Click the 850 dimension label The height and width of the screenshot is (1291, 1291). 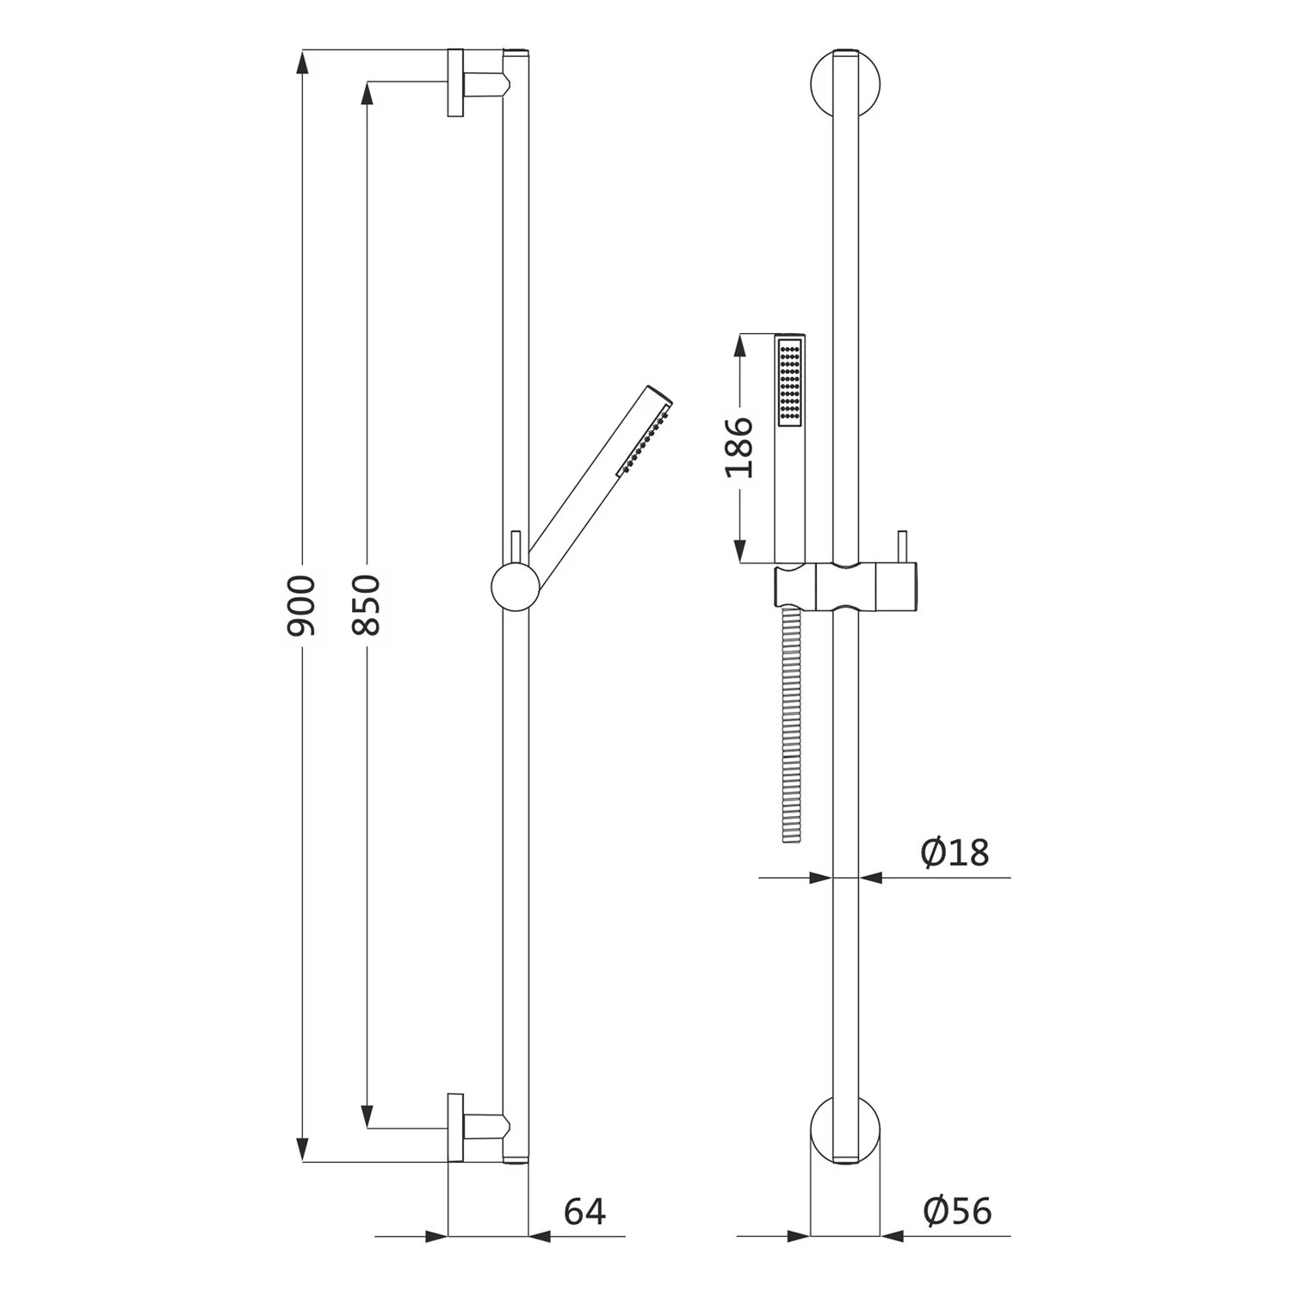367,605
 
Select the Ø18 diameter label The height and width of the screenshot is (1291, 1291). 954,853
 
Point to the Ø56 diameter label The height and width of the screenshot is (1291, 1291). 957,1211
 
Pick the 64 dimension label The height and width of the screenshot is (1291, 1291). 585,1212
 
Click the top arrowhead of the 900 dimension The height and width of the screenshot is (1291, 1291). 301,62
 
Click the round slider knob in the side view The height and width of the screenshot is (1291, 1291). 515,587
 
